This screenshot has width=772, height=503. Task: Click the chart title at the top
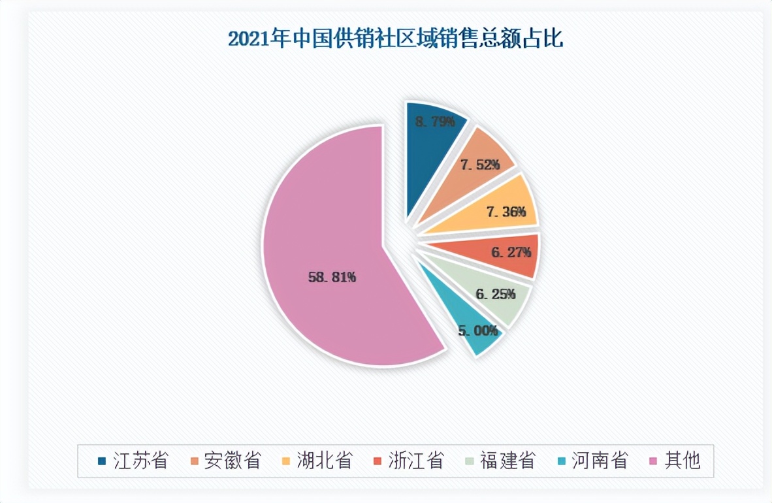tap(395, 39)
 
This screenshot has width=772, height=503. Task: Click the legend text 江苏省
tap(140, 460)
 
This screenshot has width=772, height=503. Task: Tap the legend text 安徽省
tap(232, 460)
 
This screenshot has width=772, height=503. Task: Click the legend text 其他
tap(682, 460)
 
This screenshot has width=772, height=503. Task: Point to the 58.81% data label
tap(332, 277)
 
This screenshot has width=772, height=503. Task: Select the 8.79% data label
tap(435, 122)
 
